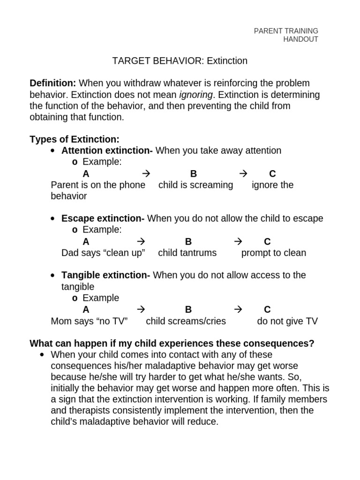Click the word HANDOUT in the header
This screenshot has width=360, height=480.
300,39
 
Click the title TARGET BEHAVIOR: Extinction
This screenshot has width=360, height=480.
180,61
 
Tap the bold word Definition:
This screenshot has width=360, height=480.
52,83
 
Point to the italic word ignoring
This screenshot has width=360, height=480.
195,95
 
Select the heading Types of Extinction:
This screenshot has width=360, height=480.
75,139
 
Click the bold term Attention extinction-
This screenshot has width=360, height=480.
107,150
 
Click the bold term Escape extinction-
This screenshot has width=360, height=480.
103,218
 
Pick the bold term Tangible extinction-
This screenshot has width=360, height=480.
105,275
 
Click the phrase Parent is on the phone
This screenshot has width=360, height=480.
98,185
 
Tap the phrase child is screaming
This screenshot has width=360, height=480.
195,185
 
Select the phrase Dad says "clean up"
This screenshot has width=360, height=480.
103,253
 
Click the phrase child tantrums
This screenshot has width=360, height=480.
187,253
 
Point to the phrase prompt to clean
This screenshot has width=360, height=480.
273,253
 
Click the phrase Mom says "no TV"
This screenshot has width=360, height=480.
89,322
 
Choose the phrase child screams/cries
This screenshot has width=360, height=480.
186,322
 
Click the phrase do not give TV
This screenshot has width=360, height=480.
287,322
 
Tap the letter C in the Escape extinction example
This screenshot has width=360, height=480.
267,242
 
